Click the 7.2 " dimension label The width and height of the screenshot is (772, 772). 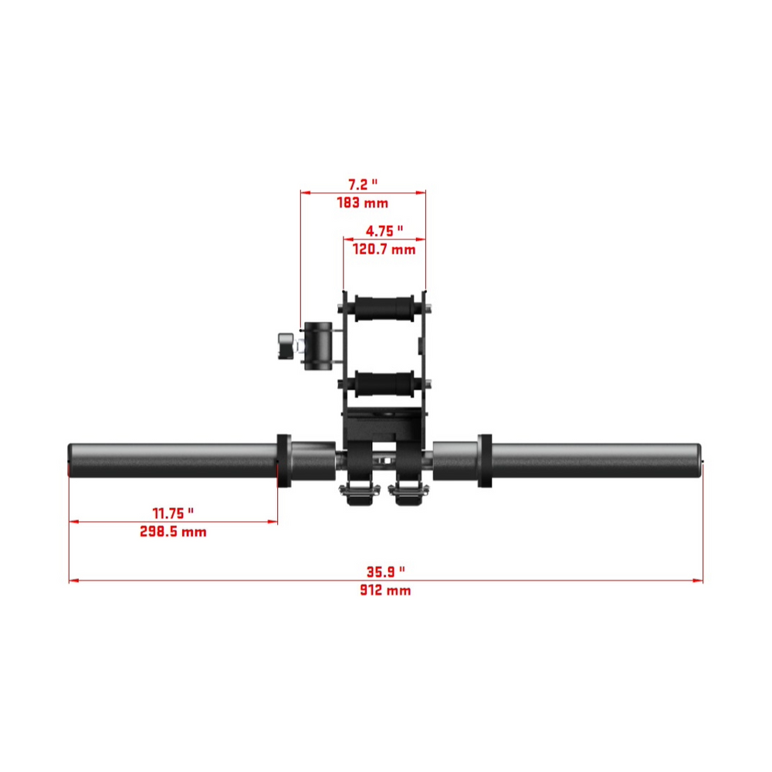tap(362, 185)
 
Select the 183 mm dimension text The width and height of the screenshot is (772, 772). tap(362, 203)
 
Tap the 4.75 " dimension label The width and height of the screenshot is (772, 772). tap(384, 231)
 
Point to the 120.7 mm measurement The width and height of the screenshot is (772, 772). tap(384, 249)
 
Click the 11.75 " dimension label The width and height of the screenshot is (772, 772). tap(172, 513)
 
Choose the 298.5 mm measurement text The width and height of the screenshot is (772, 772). tap(172, 532)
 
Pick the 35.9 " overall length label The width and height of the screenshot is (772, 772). tap(385, 572)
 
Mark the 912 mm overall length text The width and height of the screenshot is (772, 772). tap(385, 591)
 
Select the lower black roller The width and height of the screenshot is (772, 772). tap(384, 382)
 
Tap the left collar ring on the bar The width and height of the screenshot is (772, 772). tap(283, 461)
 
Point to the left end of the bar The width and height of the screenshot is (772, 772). tap(72, 460)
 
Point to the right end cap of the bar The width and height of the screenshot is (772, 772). tap(699, 460)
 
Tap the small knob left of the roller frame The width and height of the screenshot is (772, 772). tap(286, 345)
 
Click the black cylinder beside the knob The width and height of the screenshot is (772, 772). tap(319, 344)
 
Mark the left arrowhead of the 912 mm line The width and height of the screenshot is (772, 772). tap(73, 581)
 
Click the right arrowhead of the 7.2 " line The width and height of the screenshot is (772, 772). tap(422, 193)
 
